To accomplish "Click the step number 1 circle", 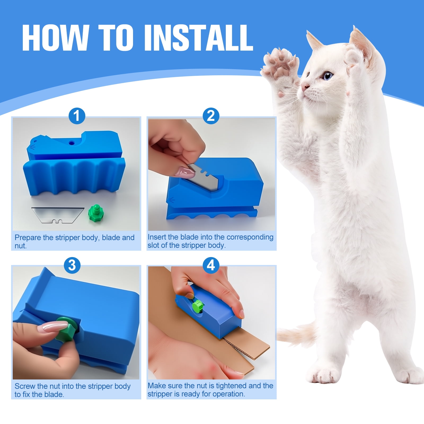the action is coord(77,116).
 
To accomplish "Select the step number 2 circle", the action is coord(211,116).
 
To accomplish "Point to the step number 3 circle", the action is coord(72,265).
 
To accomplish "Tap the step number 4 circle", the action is coord(211,265).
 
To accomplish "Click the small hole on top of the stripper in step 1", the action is coord(71,143).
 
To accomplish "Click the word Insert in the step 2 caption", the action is coord(156,237).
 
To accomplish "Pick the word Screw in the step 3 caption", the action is coord(25,386).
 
